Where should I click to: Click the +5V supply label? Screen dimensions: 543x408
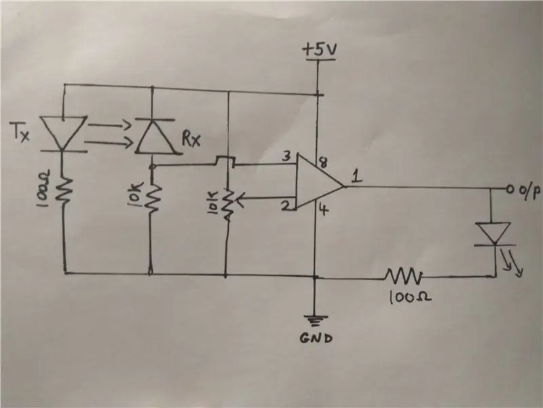[319, 50]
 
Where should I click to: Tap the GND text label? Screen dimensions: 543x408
[316, 338]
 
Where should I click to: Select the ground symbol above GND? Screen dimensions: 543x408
[316, 321]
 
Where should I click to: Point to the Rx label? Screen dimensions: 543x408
[191, 139]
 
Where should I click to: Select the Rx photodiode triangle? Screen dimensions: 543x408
[156, 136]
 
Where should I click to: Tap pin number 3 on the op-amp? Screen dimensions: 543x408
[286, 157]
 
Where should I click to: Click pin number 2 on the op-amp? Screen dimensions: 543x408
[285, 206]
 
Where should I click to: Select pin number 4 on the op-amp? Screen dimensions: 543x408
[323, 209]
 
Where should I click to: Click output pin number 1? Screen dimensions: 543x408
[357, 177]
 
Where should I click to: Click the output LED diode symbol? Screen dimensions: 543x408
[493, 234]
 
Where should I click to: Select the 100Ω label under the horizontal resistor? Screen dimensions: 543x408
[411, 297]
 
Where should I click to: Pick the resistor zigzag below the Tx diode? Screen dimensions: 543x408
[64, 190]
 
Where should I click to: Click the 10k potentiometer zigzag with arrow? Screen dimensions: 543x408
[229, 204]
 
